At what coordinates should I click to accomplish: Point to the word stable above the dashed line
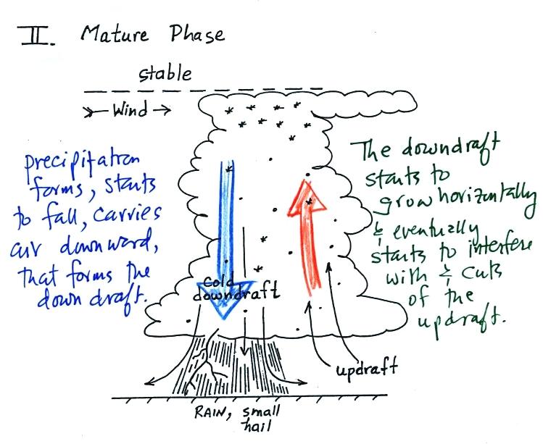pos(166,73)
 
